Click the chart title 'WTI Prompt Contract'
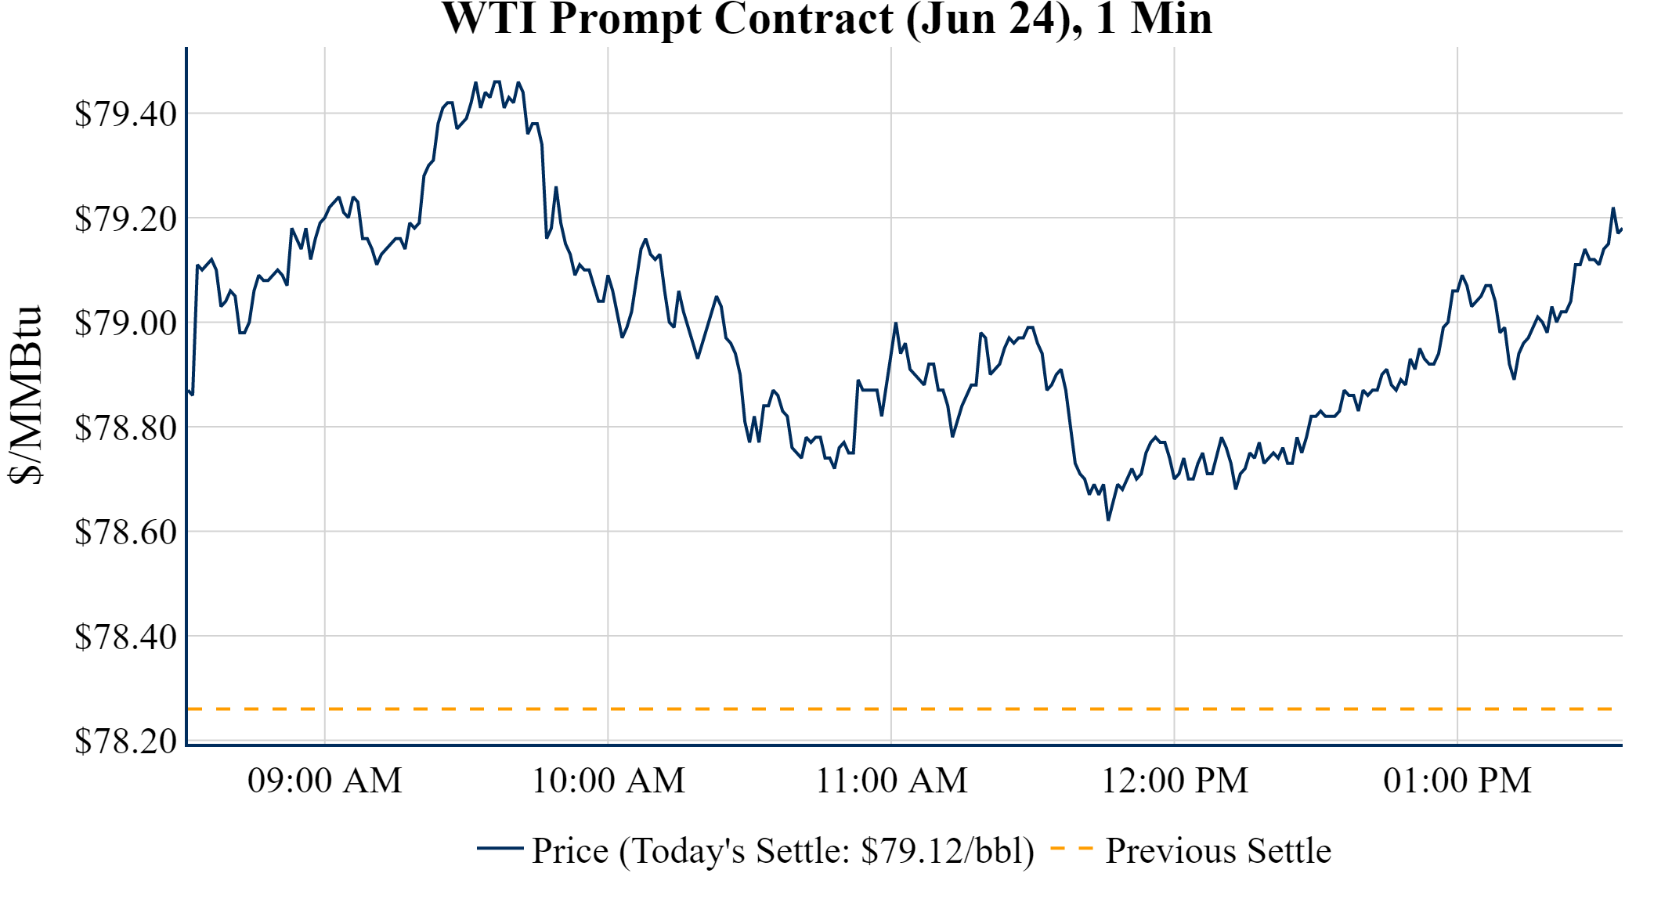tap(827, 19)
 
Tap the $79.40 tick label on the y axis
tap(125, 114)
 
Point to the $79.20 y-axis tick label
tap(125, 219)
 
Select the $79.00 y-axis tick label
tap(125, 323)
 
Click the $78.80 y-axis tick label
tap(125, 428)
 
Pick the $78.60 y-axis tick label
tap(125, 532)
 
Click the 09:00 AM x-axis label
tap(325, 781)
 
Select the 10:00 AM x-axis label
tap(609, 781)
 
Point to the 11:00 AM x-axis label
tap(892, 781)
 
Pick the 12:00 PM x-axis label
tap(1175, 781)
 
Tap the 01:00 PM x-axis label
tap(1457, 781)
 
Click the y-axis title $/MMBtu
tap(25, 395)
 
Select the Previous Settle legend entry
tap(1218, 851)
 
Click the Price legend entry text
tap(783, 851)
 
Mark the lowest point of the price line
tap(1108, 519)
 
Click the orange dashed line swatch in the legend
tap(1071, 848)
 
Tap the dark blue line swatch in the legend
tap(500, 848)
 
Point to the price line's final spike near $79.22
tap(1613, 208)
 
